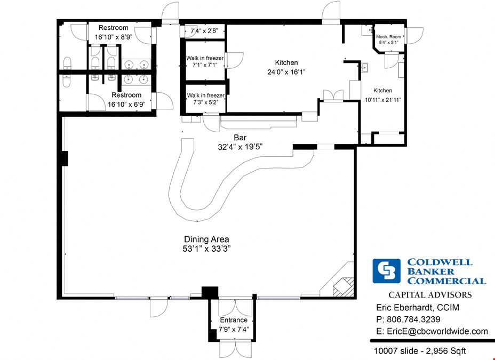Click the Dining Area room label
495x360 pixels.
coord(206,239)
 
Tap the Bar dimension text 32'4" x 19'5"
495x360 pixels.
coord(240,147)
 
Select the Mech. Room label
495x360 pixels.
coord(389,37)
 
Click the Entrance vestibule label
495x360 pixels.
coord(234,320)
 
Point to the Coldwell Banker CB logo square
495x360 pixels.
coord(386,271)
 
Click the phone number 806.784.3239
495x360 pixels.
coord(413,319)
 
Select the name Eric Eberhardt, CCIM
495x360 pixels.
coord(418,307)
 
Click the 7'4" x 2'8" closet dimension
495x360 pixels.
coord(204,31)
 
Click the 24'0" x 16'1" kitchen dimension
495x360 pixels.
coord(286,72)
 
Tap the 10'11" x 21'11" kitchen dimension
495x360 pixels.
coord(383,100)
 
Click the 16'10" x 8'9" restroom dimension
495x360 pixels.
coord(114,37)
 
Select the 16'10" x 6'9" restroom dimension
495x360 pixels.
coord(126,105)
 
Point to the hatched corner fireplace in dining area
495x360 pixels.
coord(343,286)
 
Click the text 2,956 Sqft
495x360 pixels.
coord(446,351)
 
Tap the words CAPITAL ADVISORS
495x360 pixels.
coord(430,295)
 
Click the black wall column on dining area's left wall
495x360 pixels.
coord(64,158)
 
